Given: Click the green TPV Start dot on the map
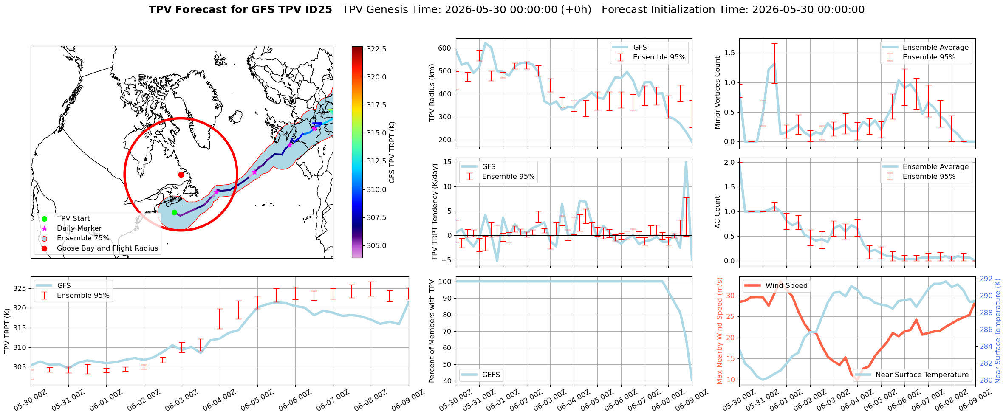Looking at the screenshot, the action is tap(174, 212).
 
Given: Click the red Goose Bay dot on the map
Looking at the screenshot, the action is tap(181, 175).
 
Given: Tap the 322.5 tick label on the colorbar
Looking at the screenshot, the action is tap(376, 49).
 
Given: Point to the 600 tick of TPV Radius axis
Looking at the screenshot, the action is tap(444, 48).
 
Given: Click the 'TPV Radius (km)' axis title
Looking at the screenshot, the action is tap(432, 93).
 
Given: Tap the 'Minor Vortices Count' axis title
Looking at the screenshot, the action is tap(717, 93).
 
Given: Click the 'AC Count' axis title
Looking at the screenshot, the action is tap(717, 212).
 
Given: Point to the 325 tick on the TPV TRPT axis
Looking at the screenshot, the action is tap(20, 288).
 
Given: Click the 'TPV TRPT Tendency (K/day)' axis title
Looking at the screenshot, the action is tap(434, 212).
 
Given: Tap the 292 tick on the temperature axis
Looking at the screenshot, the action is tap(986, 279).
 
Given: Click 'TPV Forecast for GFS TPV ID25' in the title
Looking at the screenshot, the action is tap(240, 10).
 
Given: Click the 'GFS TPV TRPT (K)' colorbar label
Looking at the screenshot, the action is tap(392, 152).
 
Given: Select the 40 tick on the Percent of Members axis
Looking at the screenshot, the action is tap(446, 381).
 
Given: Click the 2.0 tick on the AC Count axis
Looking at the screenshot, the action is tap(729, 162).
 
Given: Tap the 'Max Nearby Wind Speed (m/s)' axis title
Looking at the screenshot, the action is tap(720, 331).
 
